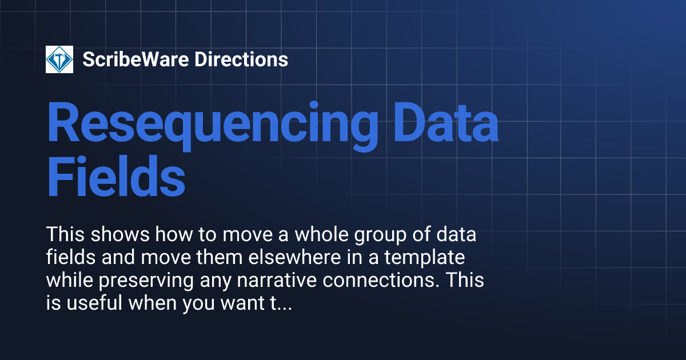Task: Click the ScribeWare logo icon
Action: (59, 59)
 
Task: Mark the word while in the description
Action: (65, 281)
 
